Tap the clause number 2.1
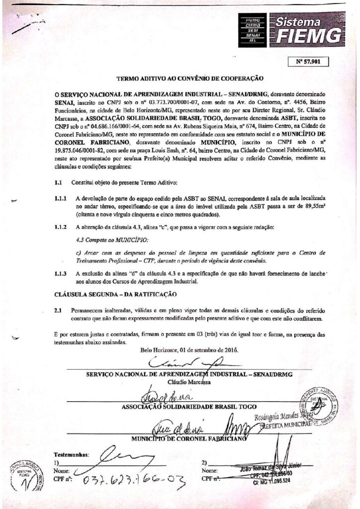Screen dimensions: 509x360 tap(58, 310)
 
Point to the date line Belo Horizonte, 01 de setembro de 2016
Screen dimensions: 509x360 tap(189, 349)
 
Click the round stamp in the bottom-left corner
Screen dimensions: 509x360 tap(24, 476)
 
